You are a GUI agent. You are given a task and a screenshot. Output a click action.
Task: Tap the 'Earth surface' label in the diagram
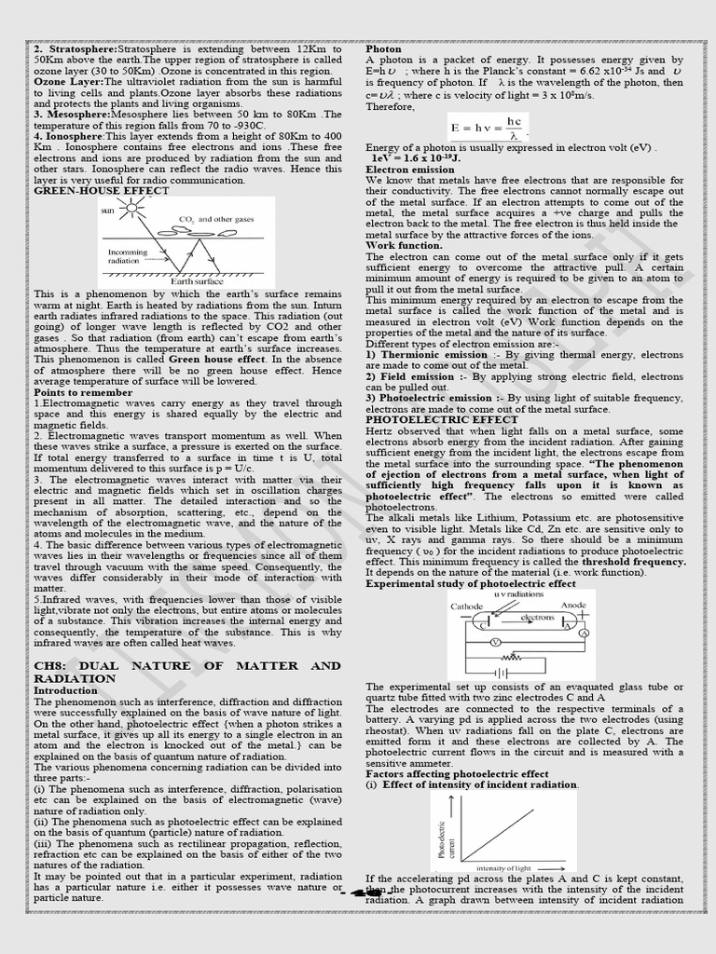click(x=198, y=279)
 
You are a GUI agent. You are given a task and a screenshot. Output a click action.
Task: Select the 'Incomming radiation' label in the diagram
click(x=129, y=256)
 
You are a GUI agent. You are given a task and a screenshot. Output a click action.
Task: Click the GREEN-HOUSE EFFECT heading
click(x=102, y=190)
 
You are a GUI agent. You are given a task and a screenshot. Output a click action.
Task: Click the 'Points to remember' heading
click(x=83, y=392)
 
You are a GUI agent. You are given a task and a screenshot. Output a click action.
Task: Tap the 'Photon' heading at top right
click(x=384, y=48)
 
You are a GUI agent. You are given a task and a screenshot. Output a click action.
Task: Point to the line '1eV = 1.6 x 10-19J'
click(x=415, y=158)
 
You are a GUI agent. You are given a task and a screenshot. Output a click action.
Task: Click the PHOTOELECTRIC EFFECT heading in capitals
click(x=441, y=419)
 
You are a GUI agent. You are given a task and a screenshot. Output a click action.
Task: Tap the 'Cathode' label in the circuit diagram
click(x=467, y=606)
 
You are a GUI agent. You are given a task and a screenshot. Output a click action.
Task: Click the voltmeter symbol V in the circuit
click(x=496, y=642)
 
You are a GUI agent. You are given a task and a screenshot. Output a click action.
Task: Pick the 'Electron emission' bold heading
click(x=410, y=170)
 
